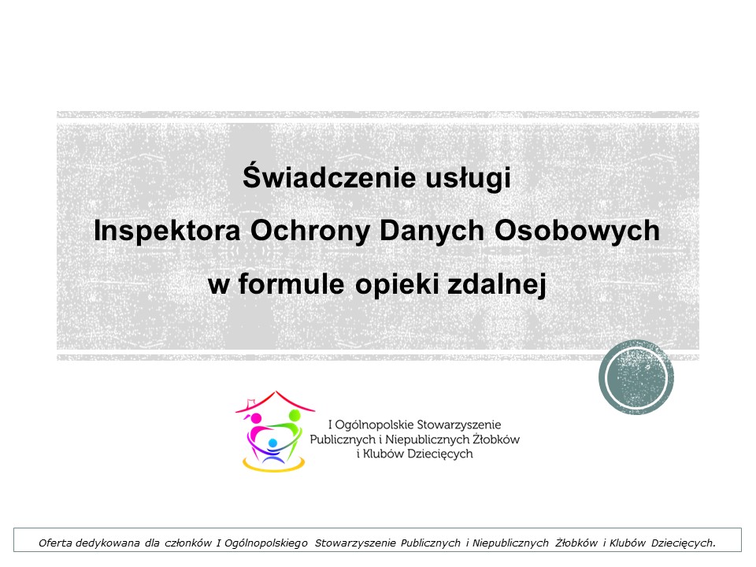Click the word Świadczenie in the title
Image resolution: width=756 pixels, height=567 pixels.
[x=329, y=176]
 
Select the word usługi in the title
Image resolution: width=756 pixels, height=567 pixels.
[x=468, y=179]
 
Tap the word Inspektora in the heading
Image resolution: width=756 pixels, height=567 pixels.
[x=167, y=232]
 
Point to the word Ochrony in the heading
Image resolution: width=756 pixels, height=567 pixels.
[x=310, y=232]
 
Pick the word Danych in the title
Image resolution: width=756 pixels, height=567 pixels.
[x=432, y=232]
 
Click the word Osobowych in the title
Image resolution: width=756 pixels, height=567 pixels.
[x=577, y=232]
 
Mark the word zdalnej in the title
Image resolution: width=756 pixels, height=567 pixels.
[x=497, y=284]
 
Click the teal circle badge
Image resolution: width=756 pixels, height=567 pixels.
[x=636, y=377]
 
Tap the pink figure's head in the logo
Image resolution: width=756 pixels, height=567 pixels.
[x=256, y=418]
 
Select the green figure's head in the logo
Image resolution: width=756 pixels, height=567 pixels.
[x=294, y=416]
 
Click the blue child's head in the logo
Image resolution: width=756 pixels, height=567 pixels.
[x=272, y=443]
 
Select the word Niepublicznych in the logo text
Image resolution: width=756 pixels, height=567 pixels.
[x=427, y=439]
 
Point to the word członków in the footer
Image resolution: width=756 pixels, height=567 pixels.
[x=188, y=543]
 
